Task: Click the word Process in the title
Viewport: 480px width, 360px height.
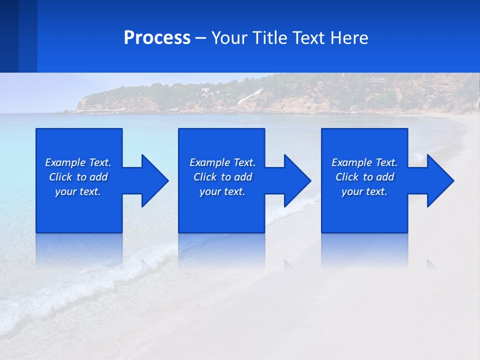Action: point(157,38)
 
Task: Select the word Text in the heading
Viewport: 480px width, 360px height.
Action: point(309,38)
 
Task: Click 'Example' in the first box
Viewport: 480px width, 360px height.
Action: point(65,162)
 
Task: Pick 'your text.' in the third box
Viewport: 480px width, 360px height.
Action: point(364,191)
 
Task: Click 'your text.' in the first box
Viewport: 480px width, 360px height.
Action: point(78,191)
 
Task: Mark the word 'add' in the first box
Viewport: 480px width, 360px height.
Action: point(99,177)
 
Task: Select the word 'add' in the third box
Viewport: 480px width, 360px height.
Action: point(385,177)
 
